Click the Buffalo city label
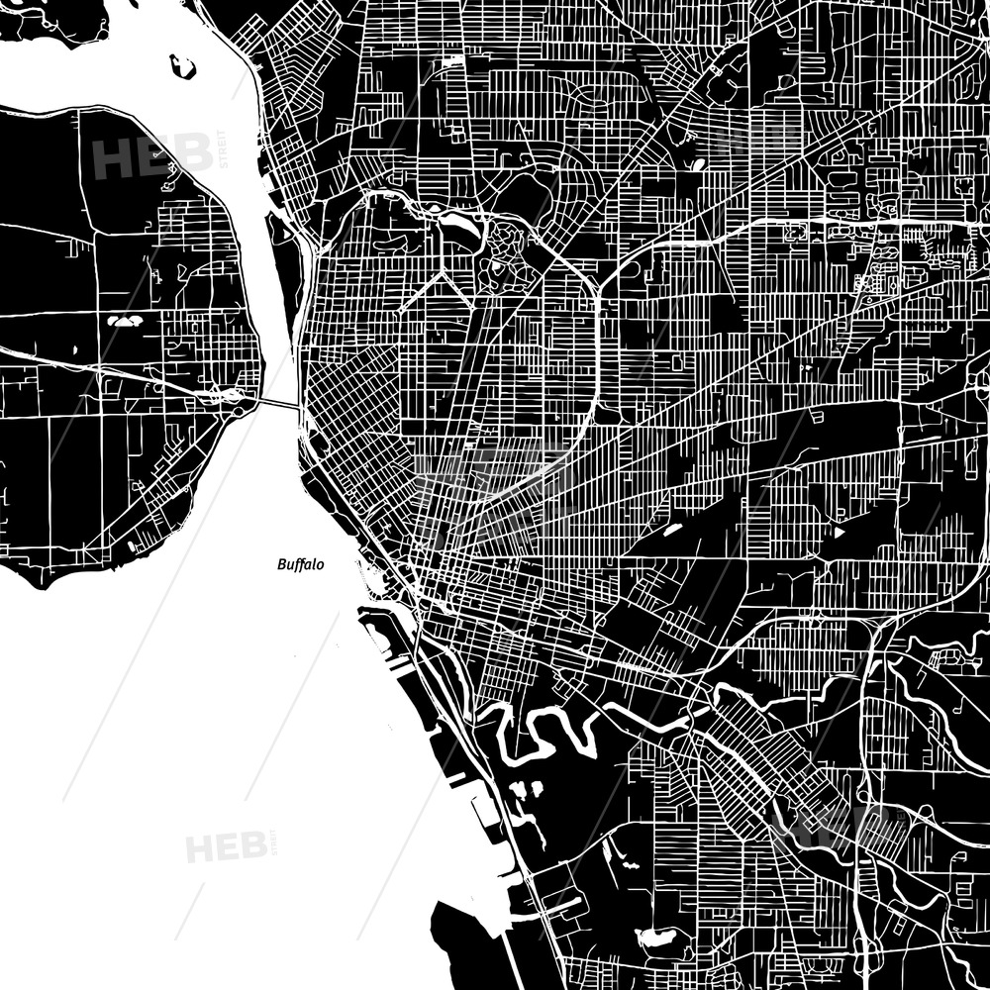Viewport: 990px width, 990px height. tap(300, 564)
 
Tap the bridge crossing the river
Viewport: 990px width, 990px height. tap(280, 403)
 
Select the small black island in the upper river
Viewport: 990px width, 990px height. tap(183, 67)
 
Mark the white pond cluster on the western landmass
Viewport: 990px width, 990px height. tap(126, 321)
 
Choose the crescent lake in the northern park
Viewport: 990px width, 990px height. tap(458, 230)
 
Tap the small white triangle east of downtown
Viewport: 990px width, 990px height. tap(840, 533)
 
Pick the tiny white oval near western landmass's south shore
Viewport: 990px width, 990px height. tap(132, 545)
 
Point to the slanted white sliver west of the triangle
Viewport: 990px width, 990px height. tap(674, 531)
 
